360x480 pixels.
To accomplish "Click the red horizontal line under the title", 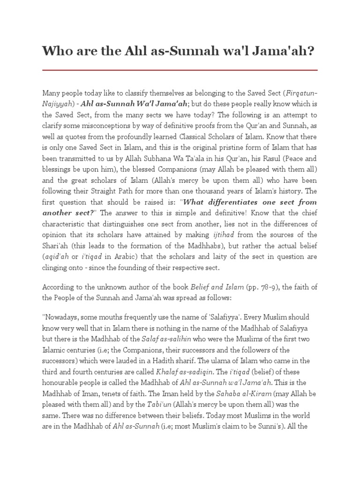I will (x=180, y=70).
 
